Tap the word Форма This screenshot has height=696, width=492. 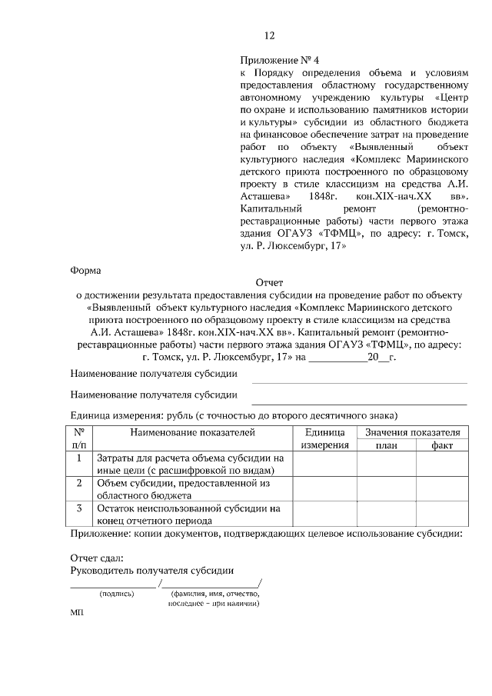[85, 270]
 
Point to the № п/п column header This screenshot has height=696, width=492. [79, 438]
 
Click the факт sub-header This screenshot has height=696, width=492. [442, 445]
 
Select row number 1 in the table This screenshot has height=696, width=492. [79, 458]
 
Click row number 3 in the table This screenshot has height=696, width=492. [79, 508]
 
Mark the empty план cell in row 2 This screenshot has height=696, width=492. [386, 489]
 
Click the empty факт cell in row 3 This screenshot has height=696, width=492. [442, 514]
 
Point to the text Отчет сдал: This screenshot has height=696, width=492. [97, 558]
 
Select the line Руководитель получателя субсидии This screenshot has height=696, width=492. [152, 570]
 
